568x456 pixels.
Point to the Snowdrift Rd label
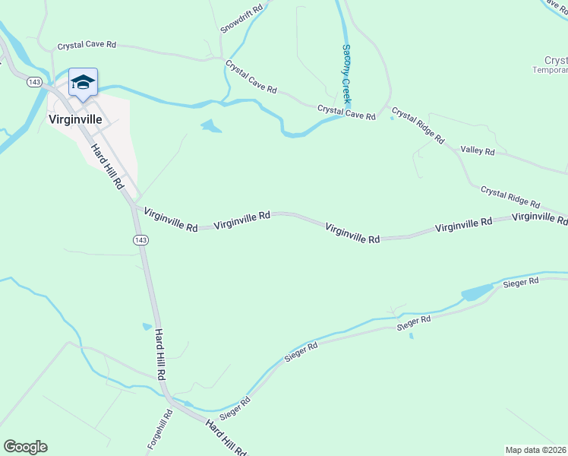click(x=241, y=19)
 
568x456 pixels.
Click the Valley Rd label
click(x=478, y=150)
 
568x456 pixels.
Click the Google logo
click(x=25, y=447)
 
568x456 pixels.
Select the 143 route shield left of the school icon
click(x=33, y=81)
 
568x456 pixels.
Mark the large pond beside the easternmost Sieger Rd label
click(x=477, y=293)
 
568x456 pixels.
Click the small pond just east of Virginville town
click(x=211, y=126)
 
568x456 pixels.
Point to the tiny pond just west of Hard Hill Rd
click(x=147, y=327)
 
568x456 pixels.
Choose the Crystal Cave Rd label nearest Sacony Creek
click(x=346, y=113)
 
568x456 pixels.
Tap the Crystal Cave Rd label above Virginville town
click(x=87, y=45)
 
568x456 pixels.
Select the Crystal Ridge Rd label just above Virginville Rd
click(x=510, y=198)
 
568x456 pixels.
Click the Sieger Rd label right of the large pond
click(x=520, y=282)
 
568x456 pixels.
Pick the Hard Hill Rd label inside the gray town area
click(x=107, y=166)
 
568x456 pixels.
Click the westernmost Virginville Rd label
click(x=171, y=220)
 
